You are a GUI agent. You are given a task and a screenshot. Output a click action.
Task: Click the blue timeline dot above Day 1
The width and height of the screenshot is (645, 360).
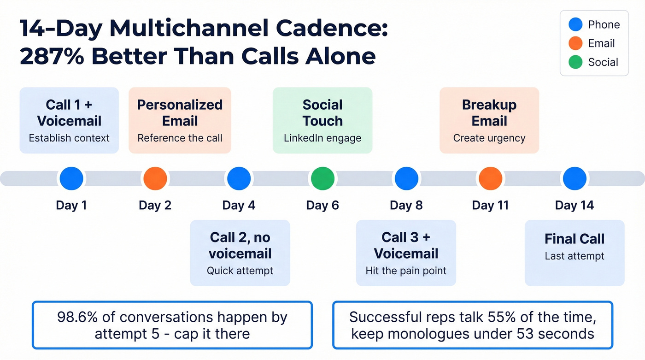coord(71,178)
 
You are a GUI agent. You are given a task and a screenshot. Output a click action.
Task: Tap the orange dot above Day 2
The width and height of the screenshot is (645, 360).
coord(155,178)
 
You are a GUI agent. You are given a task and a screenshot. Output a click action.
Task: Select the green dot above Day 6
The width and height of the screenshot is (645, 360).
coord(322,178)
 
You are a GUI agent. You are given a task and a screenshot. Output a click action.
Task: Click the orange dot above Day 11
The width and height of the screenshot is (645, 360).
coord(490,178)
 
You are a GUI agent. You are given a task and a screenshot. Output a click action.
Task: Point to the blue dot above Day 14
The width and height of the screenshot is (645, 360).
coord(575,178)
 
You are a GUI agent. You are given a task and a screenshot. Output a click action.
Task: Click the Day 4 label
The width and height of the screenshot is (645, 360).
coord(239,205)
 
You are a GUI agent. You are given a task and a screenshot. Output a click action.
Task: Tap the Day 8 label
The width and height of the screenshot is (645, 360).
coord(406,205)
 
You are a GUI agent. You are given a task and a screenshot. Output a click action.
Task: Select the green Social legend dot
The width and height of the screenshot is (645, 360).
coord(575,62)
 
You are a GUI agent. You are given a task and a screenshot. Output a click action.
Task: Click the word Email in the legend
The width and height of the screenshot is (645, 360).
coord(601,43)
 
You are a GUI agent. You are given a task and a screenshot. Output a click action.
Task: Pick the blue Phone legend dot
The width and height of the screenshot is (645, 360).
coord(575,24)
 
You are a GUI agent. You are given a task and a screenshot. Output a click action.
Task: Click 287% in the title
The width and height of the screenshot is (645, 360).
coord(51,56)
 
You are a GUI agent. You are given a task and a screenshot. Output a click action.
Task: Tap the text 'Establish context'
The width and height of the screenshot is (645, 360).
coord(69,138)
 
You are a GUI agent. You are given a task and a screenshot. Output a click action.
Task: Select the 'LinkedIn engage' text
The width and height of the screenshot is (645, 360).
coord(322,138)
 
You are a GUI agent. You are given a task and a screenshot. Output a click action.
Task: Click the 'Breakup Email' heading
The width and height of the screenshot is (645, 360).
coord(489,112)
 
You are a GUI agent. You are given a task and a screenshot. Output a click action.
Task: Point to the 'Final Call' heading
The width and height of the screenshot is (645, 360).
coord(575,239)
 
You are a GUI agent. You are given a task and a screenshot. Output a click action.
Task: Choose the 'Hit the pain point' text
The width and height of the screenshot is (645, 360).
coord(406,271)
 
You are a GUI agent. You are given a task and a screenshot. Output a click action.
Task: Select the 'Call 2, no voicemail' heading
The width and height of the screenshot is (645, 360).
coord(240,245)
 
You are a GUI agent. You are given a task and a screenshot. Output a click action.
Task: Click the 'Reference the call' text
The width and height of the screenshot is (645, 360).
coord(180,138)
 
